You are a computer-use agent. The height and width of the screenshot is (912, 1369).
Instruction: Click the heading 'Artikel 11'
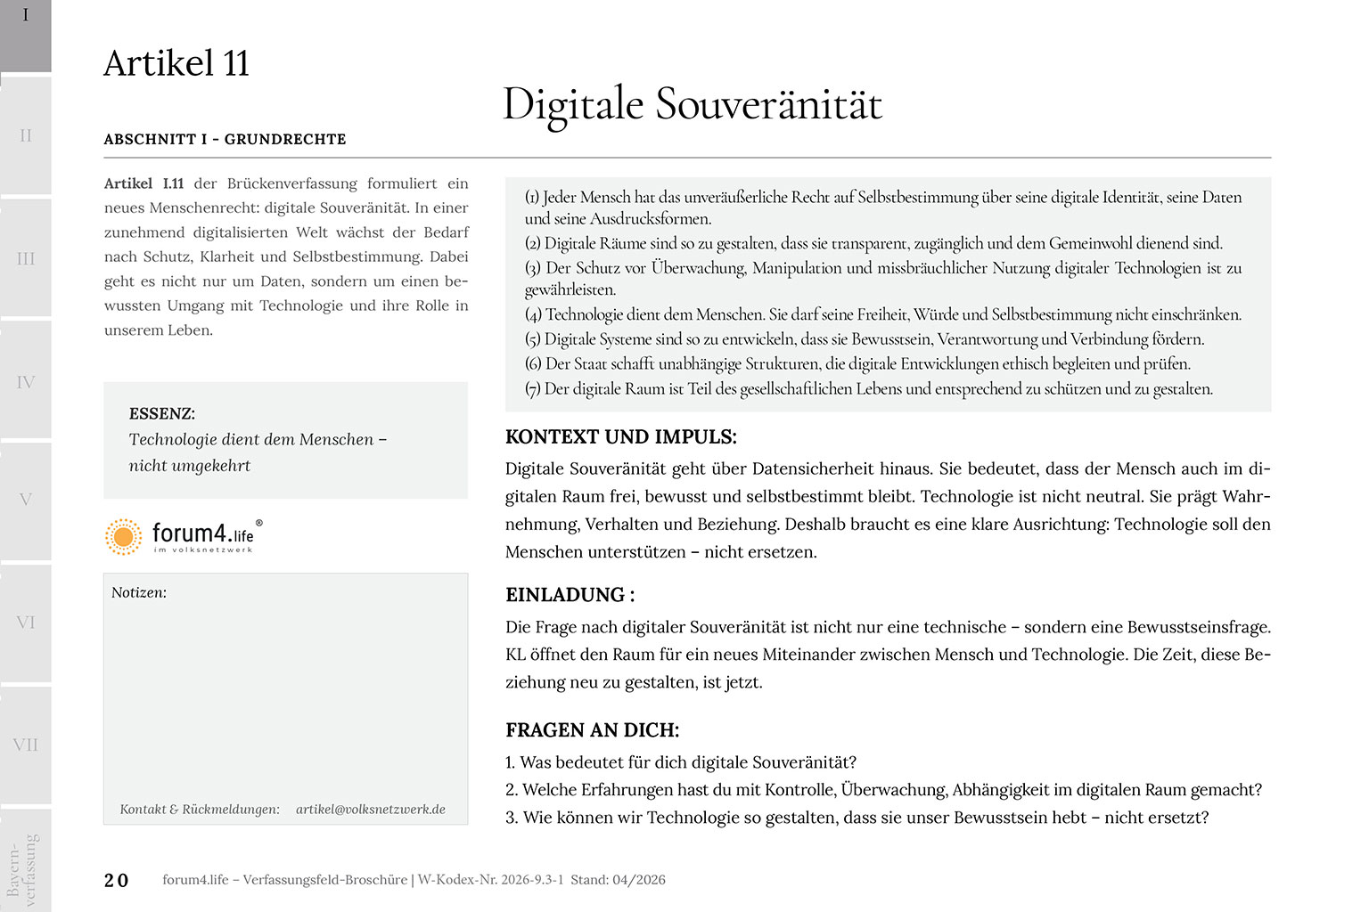pos(176,64)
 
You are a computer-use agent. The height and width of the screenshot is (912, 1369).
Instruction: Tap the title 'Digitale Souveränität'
pos(692,104)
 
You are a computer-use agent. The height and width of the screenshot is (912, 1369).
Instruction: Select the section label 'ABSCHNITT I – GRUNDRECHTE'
pos(225,139)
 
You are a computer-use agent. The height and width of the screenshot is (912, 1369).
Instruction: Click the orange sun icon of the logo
pos(123,536)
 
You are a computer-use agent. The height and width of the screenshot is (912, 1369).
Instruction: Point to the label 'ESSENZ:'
pos(161,413)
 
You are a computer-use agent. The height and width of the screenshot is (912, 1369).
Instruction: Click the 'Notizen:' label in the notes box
pos(139,592)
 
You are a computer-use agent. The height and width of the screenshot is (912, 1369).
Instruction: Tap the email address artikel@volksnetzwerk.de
pos(371,809)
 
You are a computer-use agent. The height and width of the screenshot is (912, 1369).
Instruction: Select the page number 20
pos(116,880)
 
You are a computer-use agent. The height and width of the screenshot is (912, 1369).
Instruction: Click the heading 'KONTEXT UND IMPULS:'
pos(620,436)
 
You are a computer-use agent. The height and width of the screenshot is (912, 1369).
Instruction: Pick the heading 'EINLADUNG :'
pos(570,595)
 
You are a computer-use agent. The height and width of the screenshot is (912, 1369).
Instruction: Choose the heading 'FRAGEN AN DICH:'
pos(592,730)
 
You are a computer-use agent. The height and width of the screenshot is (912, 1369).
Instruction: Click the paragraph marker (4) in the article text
pos(533,314)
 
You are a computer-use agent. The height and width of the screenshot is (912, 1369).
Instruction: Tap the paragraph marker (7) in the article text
pos(533,389)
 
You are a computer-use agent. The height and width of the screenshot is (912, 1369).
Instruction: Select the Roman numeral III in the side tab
pos(26,258)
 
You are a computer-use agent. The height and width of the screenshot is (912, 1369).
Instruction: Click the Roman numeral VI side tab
pos(26,623)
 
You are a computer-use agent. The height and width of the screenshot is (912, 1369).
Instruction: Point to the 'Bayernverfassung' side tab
pos(22,868)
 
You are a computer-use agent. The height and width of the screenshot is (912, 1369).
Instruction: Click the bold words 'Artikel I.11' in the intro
pos(143,183)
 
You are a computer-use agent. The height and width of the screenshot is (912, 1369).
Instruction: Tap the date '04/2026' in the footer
pos(638,880)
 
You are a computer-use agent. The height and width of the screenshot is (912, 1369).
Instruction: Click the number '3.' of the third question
pos(512,818)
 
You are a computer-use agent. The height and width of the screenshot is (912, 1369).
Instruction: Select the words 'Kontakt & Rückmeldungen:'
pos(200,809)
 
